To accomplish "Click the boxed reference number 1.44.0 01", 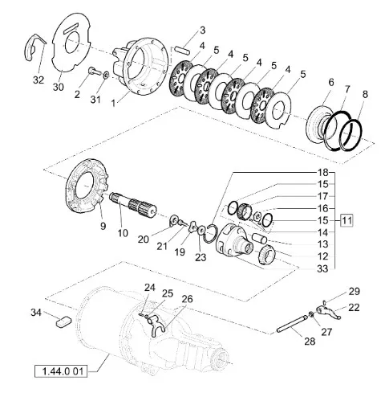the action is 61,371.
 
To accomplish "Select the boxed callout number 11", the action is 346,221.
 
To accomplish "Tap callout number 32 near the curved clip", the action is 38,80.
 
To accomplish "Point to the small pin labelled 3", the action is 182,50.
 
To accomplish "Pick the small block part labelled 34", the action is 63,321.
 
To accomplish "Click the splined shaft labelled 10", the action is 133,206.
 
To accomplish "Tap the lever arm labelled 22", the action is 329,313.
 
